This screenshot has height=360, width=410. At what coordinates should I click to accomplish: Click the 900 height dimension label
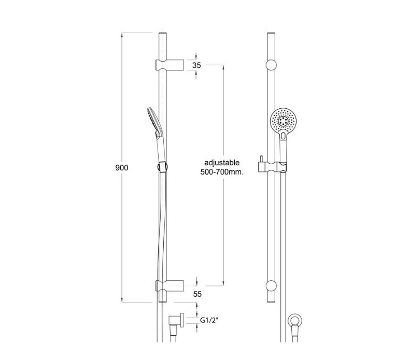click(122, 168)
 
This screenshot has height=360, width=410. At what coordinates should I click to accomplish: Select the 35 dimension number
click(196, 65)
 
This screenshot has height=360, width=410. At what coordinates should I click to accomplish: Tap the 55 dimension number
click(197, 294)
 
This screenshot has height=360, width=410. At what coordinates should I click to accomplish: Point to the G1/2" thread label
click(208, 320)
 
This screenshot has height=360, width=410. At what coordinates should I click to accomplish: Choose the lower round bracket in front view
click(272, 285)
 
